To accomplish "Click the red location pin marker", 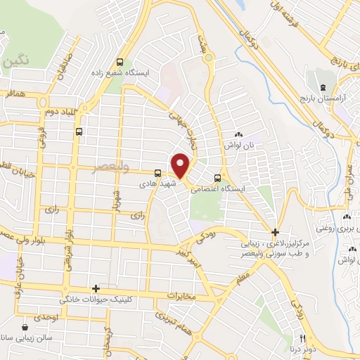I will [x=181, y=165].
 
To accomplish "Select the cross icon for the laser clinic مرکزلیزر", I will [x=275, y=232].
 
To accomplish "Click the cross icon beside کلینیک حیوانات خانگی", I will [x=96, y=288].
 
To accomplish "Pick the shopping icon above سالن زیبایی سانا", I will [x=25, y=327].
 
